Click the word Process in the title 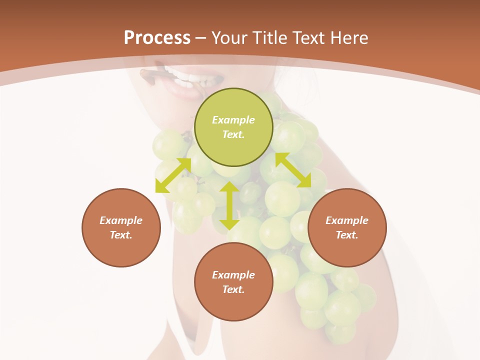pyautogui.click(x=157, y=38)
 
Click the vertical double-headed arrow pyautogui.click(x=229, y=205)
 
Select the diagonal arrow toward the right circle pyautogui.click(x=293, y=170)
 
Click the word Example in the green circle pyautogui.click(x=233, y=120)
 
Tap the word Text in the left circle pyautogui.click(x=121, y=235)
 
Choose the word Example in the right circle pyautogui.click(x=347, y=220)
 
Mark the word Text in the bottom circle pyautogui.click(x=233, y=289)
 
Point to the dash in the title pyautogui.click(x=201, y=38)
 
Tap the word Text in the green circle pyautogui.click(x=233, y=134)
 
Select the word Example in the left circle pyautogui.click(x=121, y=220)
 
